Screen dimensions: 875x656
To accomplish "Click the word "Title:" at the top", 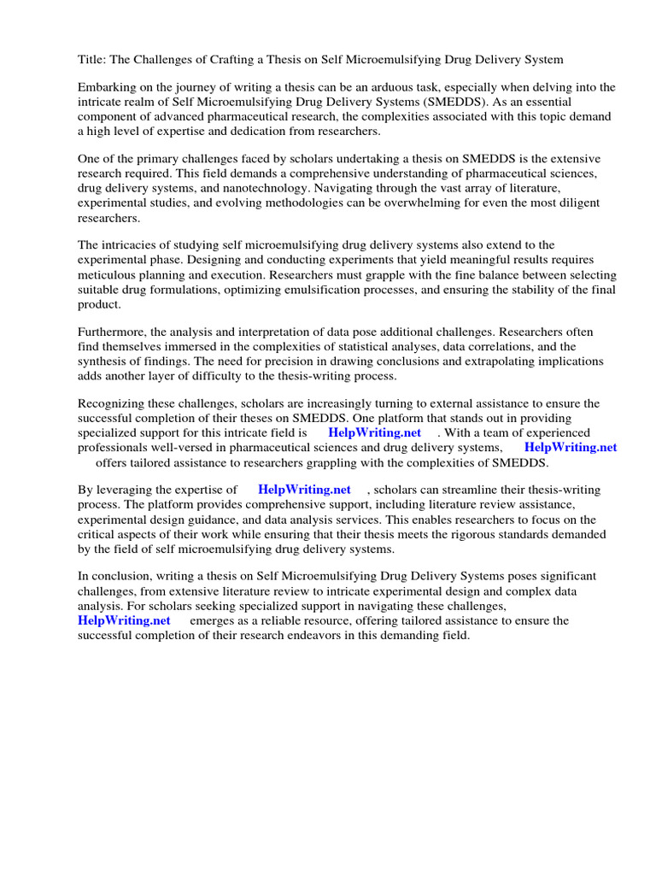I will [92, 59].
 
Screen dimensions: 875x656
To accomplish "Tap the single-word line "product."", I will [100, 304].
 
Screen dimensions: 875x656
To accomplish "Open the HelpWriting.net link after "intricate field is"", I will [374, 432].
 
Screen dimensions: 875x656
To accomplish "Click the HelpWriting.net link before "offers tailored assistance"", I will [570, 447].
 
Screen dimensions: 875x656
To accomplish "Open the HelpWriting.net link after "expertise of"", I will [304, 490].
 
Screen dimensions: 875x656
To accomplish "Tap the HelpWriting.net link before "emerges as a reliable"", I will [124, 620].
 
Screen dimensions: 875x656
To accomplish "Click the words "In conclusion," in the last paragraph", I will [115, 577].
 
